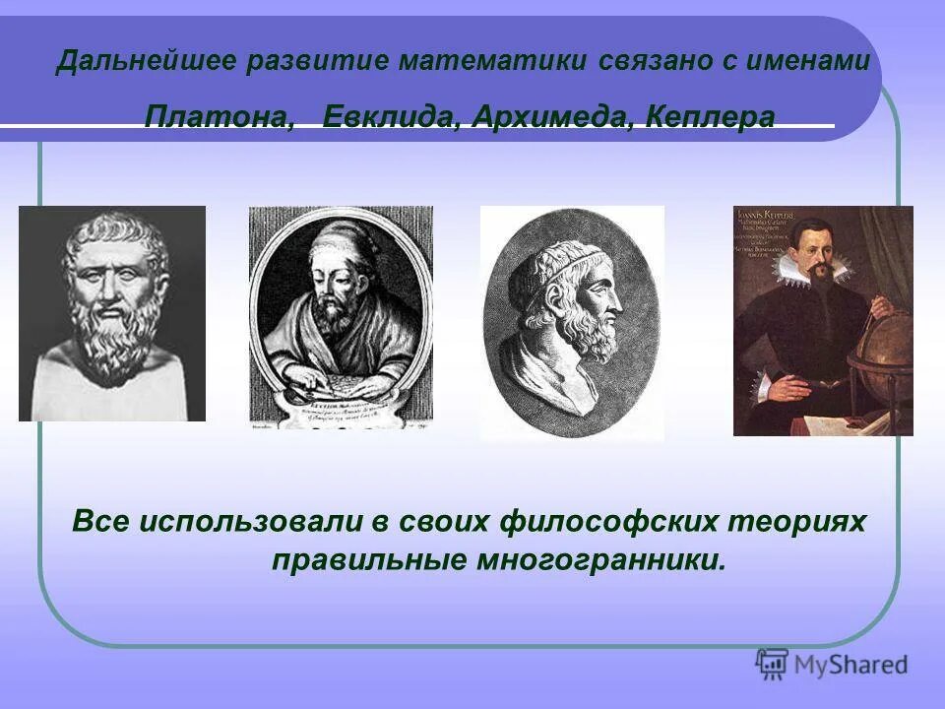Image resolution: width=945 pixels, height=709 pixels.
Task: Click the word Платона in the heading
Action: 219,117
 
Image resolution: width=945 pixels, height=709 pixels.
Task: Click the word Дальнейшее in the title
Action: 146,61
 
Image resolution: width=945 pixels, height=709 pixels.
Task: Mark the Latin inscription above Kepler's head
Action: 776,231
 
